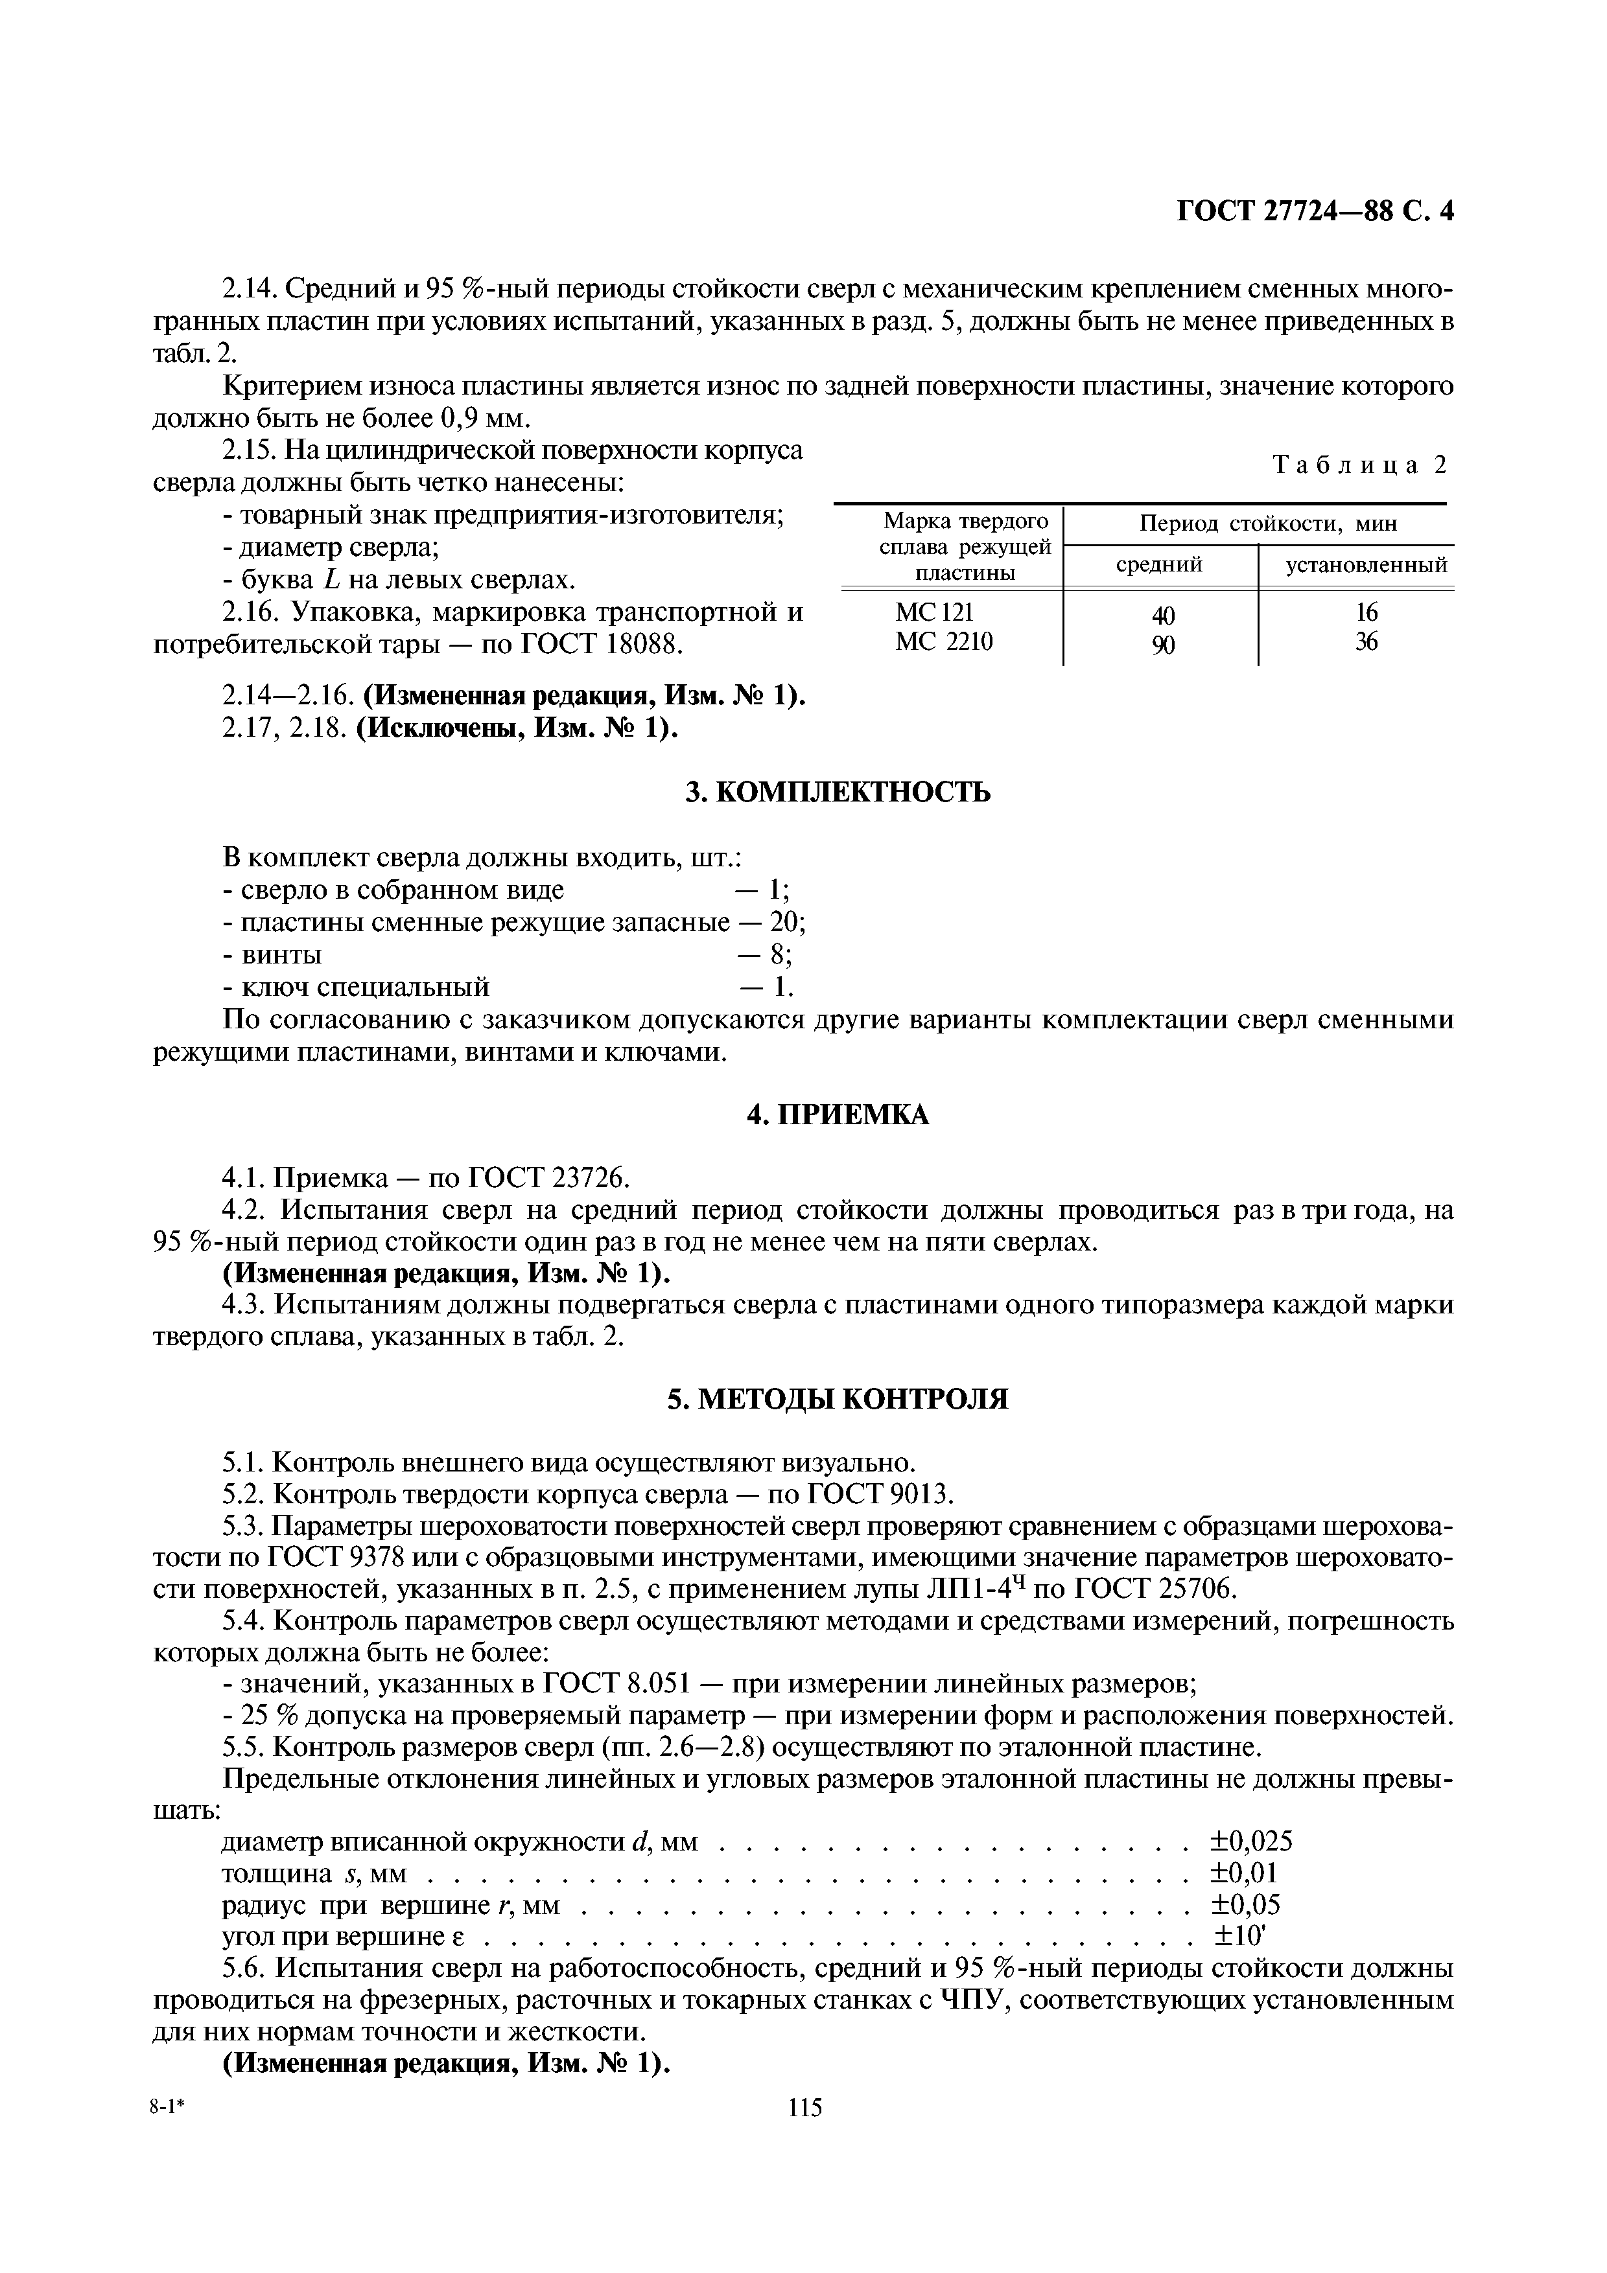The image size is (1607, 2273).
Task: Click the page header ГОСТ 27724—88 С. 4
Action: (x=1315, y=212)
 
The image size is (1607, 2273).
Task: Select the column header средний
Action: (x=1160, y=565)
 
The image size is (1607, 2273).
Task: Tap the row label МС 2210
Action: (x=944, y=641)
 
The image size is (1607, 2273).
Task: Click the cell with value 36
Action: (x=1367, y=641)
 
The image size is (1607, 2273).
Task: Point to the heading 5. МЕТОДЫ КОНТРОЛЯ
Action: (x=838, y=1399)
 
